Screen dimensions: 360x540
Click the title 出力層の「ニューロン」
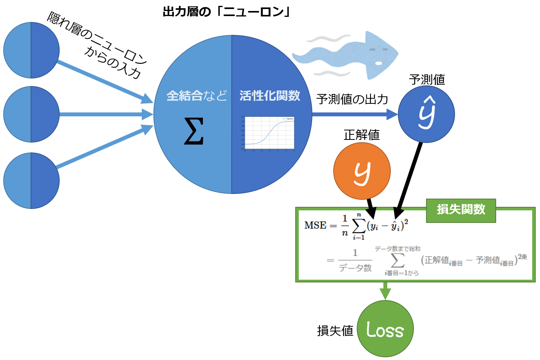click(226, 12)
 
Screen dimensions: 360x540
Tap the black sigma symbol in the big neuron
click(194, 131)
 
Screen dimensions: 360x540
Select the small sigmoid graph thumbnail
click(268, 133)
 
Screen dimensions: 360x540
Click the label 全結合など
click(197, 96)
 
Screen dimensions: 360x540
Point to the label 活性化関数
click(270, 96)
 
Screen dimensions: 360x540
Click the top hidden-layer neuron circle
click(31, 50)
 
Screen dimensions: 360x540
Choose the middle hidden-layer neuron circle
click(31, 114)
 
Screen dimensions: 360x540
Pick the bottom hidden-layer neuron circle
click(31, 181)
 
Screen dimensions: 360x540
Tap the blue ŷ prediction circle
click(426, 114)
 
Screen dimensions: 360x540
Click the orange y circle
click(362, 171)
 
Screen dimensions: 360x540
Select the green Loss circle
click(385, 329)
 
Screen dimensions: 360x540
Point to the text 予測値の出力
click(352, 99)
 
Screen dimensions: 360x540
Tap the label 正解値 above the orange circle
click(361, 135)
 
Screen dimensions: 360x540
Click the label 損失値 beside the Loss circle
click(335, 331)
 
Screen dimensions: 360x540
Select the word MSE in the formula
click(315, 226)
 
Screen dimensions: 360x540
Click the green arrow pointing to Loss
click(385, 291)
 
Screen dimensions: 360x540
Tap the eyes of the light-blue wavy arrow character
click(379, 50)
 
